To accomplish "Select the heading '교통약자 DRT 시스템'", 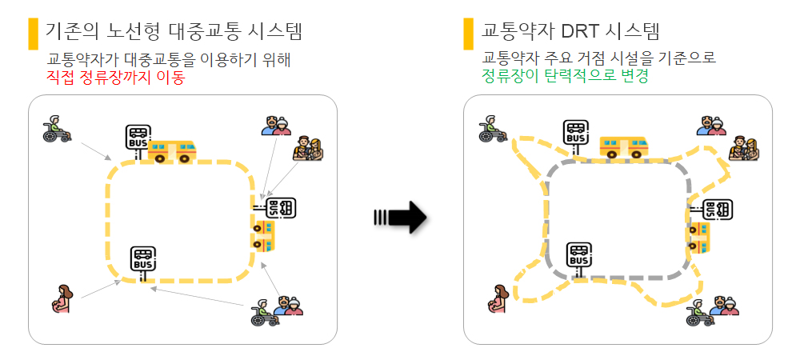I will click(571, 32).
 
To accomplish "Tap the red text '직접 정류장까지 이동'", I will click(115, 77).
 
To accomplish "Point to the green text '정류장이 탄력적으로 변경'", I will click(564, 77).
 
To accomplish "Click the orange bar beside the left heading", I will click(33, 33).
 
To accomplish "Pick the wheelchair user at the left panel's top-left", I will click(56, 129).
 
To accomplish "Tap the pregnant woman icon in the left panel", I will click(61, 299).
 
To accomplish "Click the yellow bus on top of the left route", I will click(172, 150).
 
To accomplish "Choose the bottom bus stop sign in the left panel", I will click(143, 261).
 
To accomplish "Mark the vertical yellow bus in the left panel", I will click(262, 235).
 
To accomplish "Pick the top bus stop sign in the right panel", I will click(575, 134).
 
